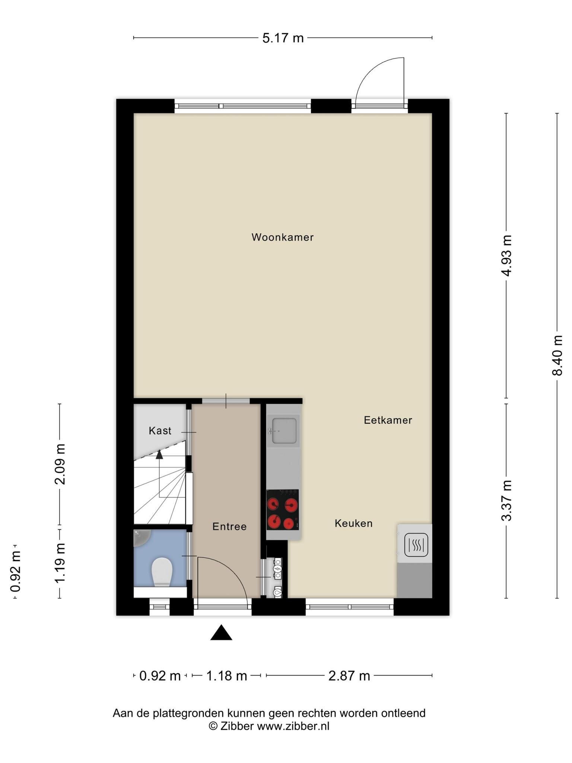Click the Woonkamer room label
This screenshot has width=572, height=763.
[x=283, y=237]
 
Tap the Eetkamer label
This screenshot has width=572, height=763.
[x=388, y=420]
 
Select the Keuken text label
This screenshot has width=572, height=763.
[x=354, y=523]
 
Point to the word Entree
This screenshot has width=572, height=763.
[x=229, y=526]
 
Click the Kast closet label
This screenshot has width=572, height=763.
[x=160, y=431]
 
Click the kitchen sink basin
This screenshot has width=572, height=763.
[x=284, y=431]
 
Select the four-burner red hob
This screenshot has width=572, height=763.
[x=283, y=510]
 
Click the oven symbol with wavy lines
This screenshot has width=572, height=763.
[x=416, y=545]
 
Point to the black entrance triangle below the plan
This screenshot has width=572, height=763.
[x=221, y=633]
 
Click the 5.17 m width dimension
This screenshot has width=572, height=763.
[x=283, y=38]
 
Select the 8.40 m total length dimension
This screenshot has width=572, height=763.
[x=557, y=355]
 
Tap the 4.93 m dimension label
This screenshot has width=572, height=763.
[x=506, y=256]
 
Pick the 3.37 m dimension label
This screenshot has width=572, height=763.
[x=506, y=501]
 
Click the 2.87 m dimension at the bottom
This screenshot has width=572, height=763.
[x=349, y=676]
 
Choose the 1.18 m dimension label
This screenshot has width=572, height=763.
[x=227, y=676]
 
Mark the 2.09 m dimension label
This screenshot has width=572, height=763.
[x=60, y=464]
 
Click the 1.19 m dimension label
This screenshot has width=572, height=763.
[x=60, y=563]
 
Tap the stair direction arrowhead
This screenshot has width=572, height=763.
[x=159, y=454]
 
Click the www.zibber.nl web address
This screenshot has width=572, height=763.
[x=293, y=726]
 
